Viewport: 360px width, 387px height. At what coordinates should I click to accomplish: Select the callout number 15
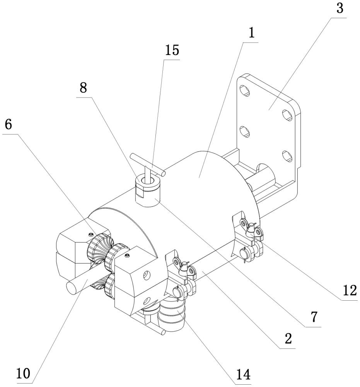pos(173,51)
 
